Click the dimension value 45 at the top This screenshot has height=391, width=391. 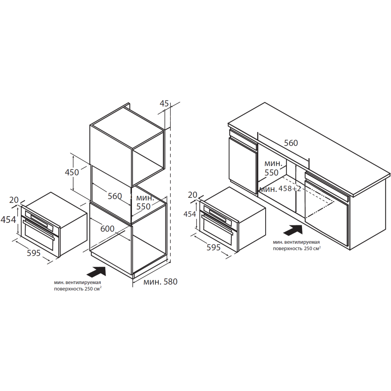(x=164, y=104)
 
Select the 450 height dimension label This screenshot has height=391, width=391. (x=72, y=172)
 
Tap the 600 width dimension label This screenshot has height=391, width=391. (x=107, y=229)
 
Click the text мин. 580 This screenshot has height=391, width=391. (x=160, y=282)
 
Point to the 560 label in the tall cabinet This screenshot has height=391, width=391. (x=115, y=196)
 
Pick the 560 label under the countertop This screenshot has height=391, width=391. (x=291, y=143)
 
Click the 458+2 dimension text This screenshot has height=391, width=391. (x=290, y=189)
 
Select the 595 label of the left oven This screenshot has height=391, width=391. (x=34, y=253)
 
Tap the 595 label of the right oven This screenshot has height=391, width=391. (x=213, y=247)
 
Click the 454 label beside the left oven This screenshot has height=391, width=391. (x=8, y=220)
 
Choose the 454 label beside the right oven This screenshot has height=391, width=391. (x=190, y=214)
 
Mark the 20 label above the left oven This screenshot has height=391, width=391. (x=14, y=200)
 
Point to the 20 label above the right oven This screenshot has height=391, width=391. (x=193, y=195)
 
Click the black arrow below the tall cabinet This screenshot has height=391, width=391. (x=96, y=271)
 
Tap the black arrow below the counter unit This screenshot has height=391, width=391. (x=293, y=230)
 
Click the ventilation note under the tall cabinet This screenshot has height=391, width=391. (x=78, y=285)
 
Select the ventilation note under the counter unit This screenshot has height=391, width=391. (x=297, y=245)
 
